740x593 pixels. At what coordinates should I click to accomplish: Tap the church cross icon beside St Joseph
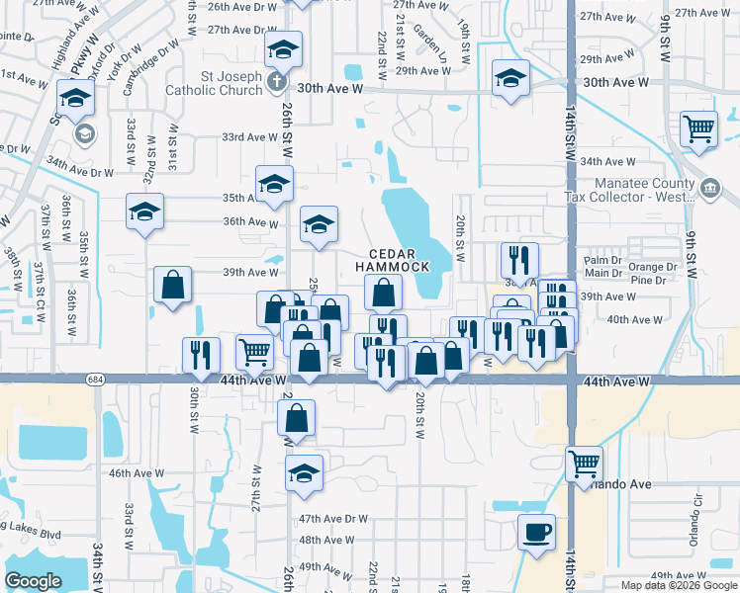pyautogui.click(x=279, y=83)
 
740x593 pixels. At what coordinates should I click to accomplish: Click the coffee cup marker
pyautogui.click(x=536, y=532)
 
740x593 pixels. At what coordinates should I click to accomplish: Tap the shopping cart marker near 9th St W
pyautogui.click(x=698, y=128)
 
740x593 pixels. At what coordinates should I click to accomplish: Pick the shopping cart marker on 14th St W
pyautogui.click(x=584, y=462)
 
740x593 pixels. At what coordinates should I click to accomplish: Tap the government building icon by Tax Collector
pyautogui.click(x=708, y=189)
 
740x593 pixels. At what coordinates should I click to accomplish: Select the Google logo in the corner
pyautogui.click(x=33, y=581)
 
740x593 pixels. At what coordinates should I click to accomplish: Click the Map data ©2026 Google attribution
pyautogui.click(x=679, y=585)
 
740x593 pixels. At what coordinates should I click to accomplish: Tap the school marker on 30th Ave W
pyautogui.click(x=510, y=77)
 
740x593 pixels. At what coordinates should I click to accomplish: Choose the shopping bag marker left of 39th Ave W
pyautogui.click(x=173, y=285)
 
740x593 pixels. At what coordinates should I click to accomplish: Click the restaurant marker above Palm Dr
pyautogui.click(x=519, y=260)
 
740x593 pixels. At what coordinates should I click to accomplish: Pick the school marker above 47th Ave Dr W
pyautogui.click(x=304, y=473)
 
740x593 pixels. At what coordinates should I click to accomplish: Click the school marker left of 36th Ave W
pyautogui.click(x=144, y=212)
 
